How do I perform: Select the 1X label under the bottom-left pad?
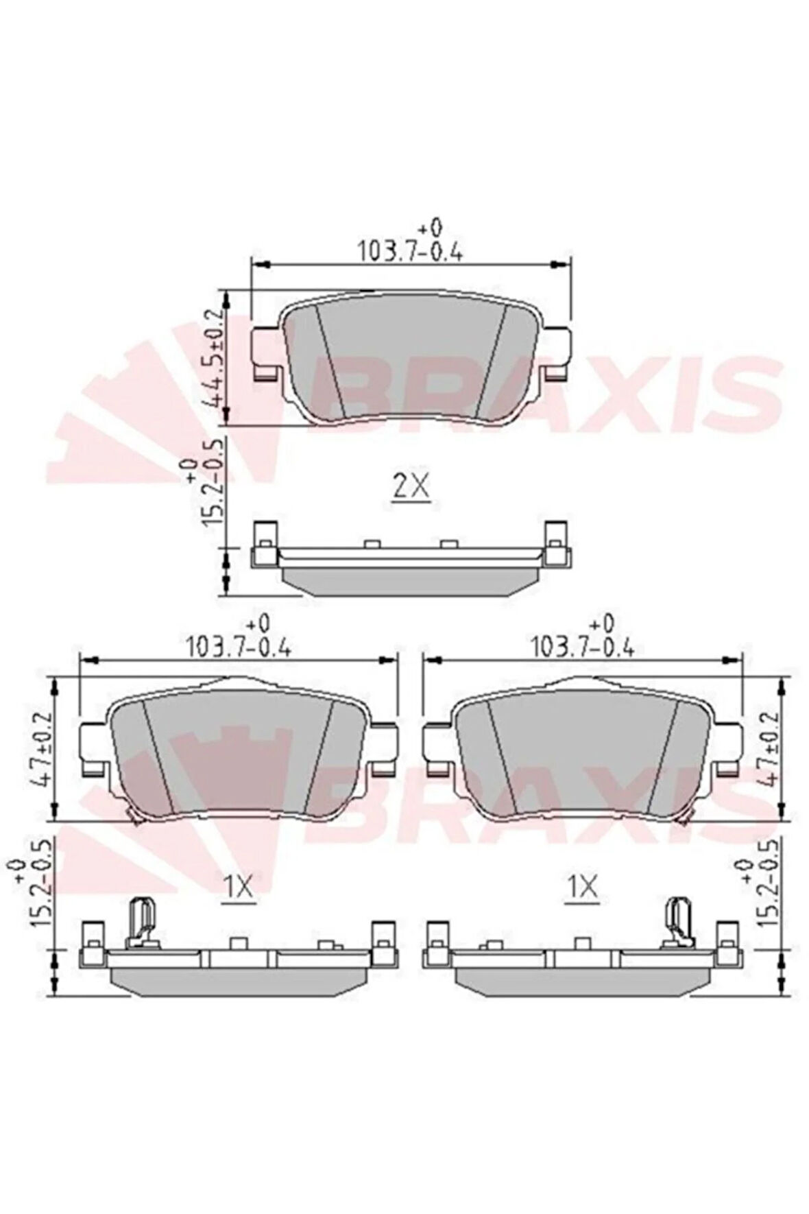(239, 889)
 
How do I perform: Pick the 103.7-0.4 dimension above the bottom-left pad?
(239, 646)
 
